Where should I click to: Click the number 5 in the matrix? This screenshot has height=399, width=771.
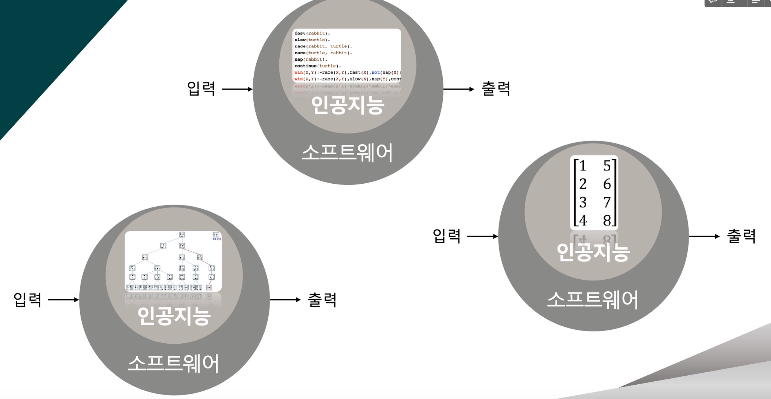coord(606,166)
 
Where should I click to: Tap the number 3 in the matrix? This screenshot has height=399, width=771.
coord(583,203)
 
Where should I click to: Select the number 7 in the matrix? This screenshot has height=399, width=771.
coord(606,203)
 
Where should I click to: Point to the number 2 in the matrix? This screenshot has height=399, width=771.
coord(583,184)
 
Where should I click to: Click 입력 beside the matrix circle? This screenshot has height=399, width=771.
coord(447,236)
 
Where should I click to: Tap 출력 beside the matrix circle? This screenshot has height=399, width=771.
coord(741,236)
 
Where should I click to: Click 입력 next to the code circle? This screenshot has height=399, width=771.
coord(201,89)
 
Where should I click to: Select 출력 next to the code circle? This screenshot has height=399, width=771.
coord(496,89)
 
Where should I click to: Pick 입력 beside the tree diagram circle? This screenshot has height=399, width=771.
coord(27,300)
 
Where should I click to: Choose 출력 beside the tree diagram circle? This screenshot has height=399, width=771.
coord(322,300)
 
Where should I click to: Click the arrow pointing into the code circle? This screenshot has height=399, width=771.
coord(237,89)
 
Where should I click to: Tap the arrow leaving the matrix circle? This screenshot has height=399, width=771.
coord(704,236)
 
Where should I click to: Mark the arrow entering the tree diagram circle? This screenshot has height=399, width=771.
coord(64,300)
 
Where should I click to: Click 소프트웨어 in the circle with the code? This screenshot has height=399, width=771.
coord(347,152)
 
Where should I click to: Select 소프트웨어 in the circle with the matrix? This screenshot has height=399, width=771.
coord(593,300)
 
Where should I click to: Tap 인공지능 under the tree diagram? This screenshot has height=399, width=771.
coord(174,315)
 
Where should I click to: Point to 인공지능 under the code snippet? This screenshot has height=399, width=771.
coord(347,105)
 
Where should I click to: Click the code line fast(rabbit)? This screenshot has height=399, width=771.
coord(312,33)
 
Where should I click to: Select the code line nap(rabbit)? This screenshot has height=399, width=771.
coord(311,59)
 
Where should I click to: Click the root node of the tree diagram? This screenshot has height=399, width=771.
coord(182,235)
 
